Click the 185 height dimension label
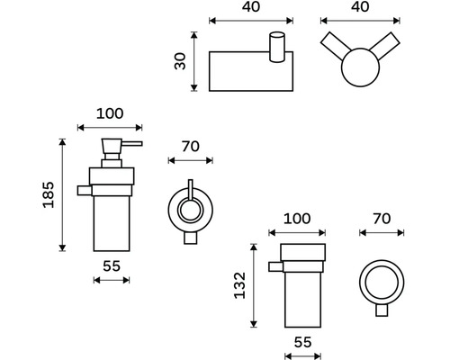coord(49,194)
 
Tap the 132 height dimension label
coord(239,285)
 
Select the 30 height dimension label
coord(180,61)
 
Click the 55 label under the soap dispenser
coord(112,265)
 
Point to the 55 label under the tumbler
coord(302,342)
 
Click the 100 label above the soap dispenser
coord(110,113)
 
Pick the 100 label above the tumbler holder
coord(297,219)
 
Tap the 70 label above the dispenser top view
coord(191,147)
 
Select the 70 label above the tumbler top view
coord(382,219)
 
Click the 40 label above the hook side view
coord(251,6)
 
